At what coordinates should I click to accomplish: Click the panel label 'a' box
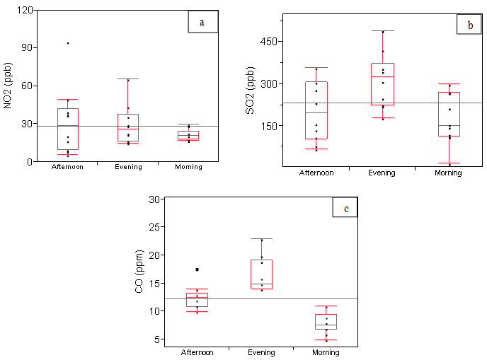coord(202,22)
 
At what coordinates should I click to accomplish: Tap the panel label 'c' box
coord(345,208)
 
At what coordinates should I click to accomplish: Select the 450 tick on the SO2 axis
coord(273,42)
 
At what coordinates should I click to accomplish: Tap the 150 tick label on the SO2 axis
coord(273,126)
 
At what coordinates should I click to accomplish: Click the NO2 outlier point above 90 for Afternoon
coord(68,43)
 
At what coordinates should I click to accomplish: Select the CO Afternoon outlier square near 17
coord(197,269)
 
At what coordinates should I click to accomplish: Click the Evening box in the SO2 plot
coord(382,84)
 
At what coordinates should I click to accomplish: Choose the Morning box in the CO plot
coord(326,322)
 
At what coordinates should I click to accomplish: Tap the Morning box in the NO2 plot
coord(188,136)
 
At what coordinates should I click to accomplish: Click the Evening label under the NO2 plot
coord(128,168)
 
